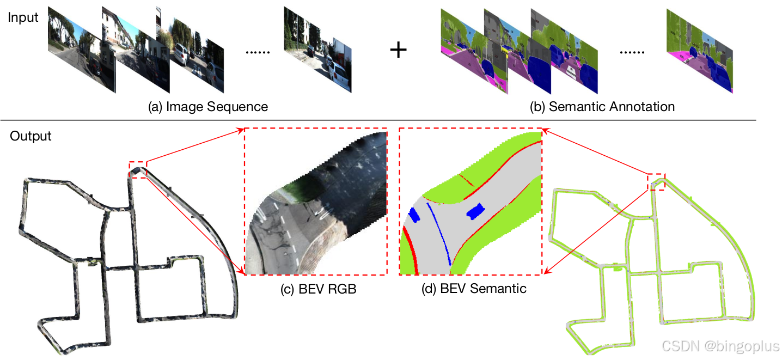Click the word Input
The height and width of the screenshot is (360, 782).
(23, 17)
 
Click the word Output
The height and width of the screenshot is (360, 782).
(30, 136)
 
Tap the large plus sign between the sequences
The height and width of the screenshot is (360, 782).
(399, 51)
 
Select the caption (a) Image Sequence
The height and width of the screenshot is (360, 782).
(208, 107)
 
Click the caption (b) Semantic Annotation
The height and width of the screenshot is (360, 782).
(602, 107)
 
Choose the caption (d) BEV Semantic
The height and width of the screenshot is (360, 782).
(474, 289)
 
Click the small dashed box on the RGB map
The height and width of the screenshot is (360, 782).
(138, 169)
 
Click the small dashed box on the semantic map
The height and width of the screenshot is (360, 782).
(656, 182)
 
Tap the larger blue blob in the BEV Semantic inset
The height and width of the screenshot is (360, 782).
(475, 211)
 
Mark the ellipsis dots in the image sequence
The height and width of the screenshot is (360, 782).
(258, 52)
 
